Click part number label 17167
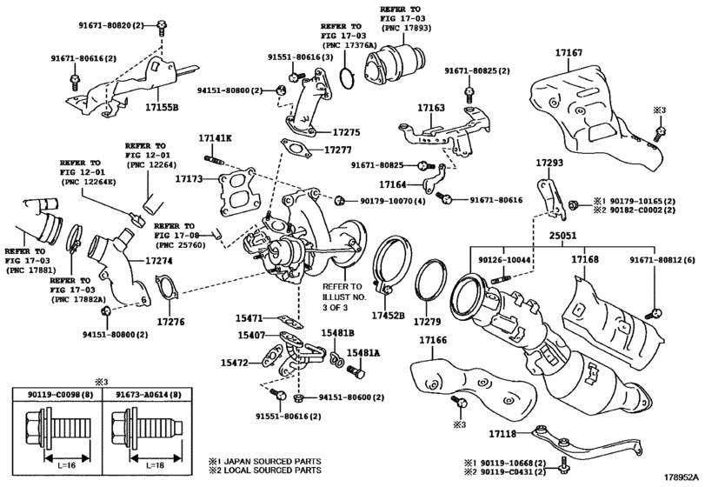point(569,52)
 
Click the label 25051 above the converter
point(562,236)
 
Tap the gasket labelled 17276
point(169,288)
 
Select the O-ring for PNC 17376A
point(347,77)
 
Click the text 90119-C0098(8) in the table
point(57,394)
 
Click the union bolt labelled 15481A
point(356,371)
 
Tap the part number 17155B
point(162,108)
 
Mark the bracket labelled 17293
point(552,199)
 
